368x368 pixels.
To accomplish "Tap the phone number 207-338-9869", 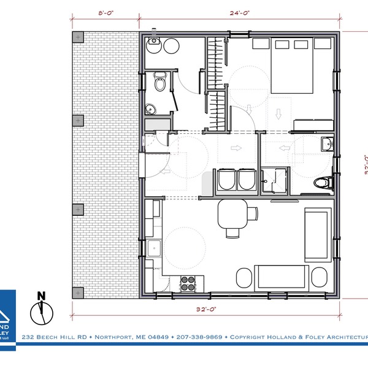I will pyautogui.click(x=198, y=337).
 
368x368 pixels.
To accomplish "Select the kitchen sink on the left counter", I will pyautogui.click(x=153, y=248).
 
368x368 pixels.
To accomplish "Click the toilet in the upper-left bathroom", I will pyautogui.click(x=159, y=82).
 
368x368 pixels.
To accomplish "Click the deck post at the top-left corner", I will pyautogui.click(x=78, y=37).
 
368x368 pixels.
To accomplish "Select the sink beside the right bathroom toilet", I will pyautogui.click(x=326, y=145).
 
